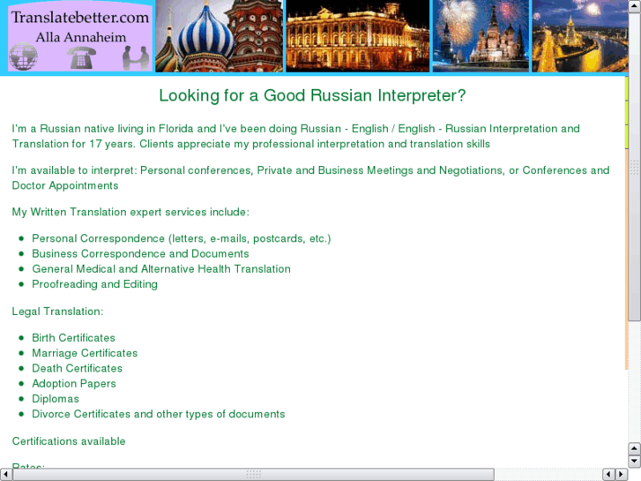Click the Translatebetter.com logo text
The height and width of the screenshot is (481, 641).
80,16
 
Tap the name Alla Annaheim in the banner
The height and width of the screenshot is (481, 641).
80,38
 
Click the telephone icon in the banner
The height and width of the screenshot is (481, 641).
85,58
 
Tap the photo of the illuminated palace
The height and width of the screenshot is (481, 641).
356,36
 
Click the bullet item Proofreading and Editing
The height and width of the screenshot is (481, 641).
94,284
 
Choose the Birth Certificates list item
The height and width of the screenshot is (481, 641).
73,338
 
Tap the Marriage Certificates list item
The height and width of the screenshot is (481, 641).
85,353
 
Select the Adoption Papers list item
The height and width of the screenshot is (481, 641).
73,384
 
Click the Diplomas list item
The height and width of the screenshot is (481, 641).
55,399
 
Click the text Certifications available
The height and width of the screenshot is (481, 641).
69,441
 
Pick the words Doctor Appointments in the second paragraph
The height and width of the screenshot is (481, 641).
65,186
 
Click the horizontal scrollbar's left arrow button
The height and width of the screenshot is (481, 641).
6,475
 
